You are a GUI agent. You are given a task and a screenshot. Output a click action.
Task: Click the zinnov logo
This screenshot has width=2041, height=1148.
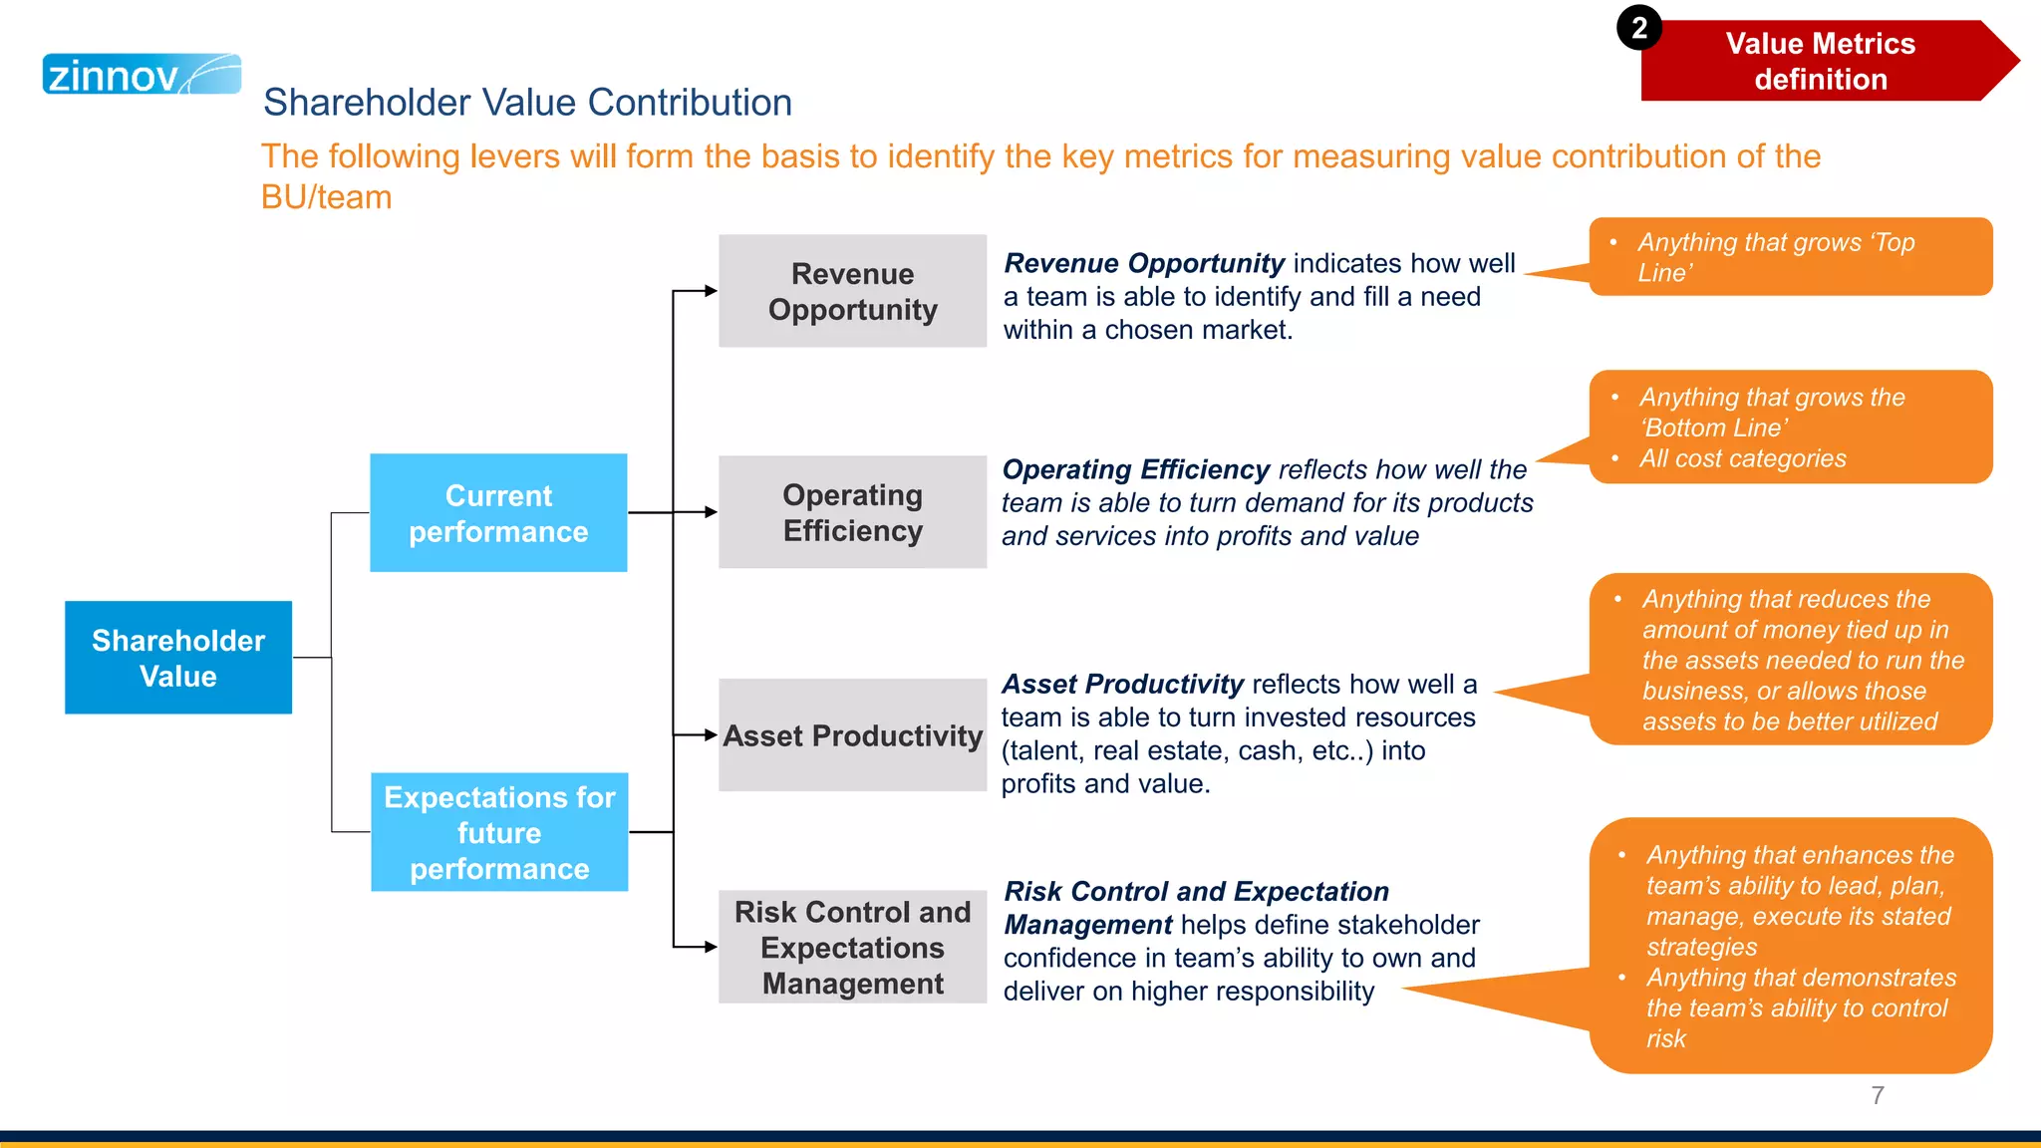(x=141, y=75)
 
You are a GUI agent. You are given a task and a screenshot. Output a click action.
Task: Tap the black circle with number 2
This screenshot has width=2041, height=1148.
(x=1638, y=28)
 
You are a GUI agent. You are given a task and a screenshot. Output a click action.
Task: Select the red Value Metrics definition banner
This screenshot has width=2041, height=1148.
(x=1820, y=62)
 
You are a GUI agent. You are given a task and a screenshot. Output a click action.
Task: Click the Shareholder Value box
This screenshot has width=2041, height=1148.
(x=178, y=658)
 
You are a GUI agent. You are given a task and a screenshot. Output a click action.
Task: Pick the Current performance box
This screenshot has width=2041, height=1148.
(x=498, y=513)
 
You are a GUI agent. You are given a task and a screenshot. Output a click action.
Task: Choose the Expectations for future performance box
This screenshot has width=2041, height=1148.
(x=499, y=832)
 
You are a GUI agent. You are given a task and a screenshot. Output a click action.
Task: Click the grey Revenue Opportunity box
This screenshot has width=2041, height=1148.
(x=852, y=291)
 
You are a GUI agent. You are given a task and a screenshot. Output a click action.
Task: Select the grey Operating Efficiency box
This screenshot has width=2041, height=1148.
(x=852, y=512)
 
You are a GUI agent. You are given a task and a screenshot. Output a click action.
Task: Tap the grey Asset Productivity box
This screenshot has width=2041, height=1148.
(x=852, y=735)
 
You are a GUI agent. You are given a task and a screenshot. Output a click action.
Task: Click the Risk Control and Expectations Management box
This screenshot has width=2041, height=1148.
(x=852, y=947)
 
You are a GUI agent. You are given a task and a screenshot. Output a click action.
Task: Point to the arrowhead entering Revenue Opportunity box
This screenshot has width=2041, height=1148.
(x=711, y=291)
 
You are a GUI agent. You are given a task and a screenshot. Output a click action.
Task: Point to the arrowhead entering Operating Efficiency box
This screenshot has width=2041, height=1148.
(x=711, y=512)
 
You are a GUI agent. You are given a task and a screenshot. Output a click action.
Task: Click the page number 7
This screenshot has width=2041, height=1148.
(x=1878, y=1095)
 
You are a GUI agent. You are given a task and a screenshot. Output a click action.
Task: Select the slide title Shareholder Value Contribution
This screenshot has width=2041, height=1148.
(x=527, y=103)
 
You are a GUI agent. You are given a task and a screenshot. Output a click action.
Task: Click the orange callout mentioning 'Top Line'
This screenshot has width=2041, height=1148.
(x=1790, y=257)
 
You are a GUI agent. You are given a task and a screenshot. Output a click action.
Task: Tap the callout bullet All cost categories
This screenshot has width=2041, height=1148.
(x=1742, y=458)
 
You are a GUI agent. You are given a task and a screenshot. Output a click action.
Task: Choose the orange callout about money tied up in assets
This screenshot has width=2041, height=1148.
(x=1790, y=660)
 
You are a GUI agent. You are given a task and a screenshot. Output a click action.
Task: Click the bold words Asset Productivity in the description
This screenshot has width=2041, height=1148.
(x=1122, y=685)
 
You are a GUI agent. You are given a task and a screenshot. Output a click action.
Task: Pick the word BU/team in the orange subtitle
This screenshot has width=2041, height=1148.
(x=326, y=197)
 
